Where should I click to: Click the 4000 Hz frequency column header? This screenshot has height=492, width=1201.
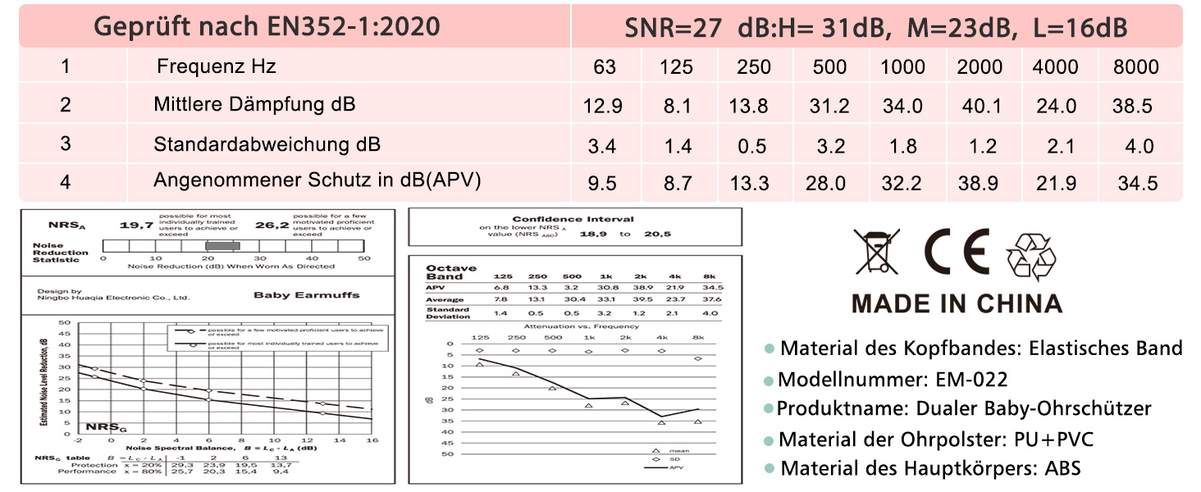tap(1056, 66)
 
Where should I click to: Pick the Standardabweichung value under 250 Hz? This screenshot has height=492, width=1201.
tap(752, 146)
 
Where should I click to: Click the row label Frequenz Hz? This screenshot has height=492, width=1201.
tap(217, 66)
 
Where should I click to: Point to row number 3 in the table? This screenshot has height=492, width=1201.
tap(66, 144)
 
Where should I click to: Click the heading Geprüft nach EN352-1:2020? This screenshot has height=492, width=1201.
tap(267, 27)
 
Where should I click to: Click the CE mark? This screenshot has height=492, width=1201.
tap(956, 252)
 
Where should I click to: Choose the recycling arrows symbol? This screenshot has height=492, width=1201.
tap(1035, 255)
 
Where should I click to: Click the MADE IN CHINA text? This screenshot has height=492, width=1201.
tap(957, 303)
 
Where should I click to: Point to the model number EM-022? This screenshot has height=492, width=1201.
tap(971, 380)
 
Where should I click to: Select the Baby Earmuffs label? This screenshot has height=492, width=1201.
tap(306, 295)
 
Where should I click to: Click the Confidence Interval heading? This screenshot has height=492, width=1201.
tap(573, 219)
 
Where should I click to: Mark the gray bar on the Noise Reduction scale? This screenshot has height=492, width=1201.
tap(222, 245)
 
